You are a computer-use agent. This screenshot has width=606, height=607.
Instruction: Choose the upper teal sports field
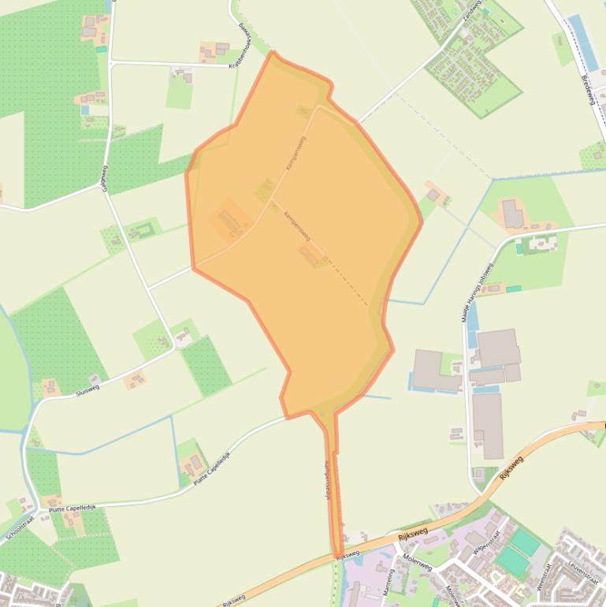(525, 542)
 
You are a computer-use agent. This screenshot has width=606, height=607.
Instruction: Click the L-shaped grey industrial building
(435, 371)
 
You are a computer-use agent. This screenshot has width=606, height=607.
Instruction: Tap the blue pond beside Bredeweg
(581, 39)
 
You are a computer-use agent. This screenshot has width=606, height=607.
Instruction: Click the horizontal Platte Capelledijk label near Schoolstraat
(72, 508)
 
